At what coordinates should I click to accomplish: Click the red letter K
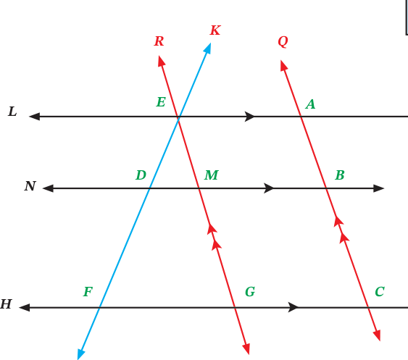point(215,30)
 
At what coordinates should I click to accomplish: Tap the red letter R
point(159,41)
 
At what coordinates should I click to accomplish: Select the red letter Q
point(283,41)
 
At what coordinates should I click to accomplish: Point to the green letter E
point(161,101)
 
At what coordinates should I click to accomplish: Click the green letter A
point(310,104)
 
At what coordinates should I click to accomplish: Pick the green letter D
point(141,175)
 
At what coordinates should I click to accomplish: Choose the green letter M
point(212,175)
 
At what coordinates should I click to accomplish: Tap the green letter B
point(340,175)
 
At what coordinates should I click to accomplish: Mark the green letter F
point(88,292)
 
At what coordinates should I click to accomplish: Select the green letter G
point(250,292)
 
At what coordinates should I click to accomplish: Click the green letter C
point(380,292)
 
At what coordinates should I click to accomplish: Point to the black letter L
point(12,112)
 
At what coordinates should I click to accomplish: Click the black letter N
point(30,186)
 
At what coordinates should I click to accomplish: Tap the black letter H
point(6,304)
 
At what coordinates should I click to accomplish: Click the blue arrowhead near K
point(207,49)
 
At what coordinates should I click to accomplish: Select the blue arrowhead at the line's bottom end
point(81,354)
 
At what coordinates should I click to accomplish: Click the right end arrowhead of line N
point(379,188)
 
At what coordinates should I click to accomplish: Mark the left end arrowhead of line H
point(25,307)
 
